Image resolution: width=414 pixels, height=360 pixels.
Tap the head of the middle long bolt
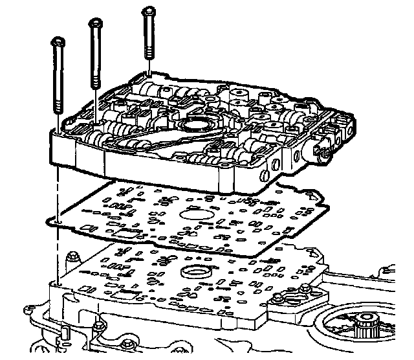tap(95, 24)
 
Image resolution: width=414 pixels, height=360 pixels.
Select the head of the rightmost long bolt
tap(149, 11)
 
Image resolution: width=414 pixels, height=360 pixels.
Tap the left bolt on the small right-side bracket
tap(278, 298)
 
